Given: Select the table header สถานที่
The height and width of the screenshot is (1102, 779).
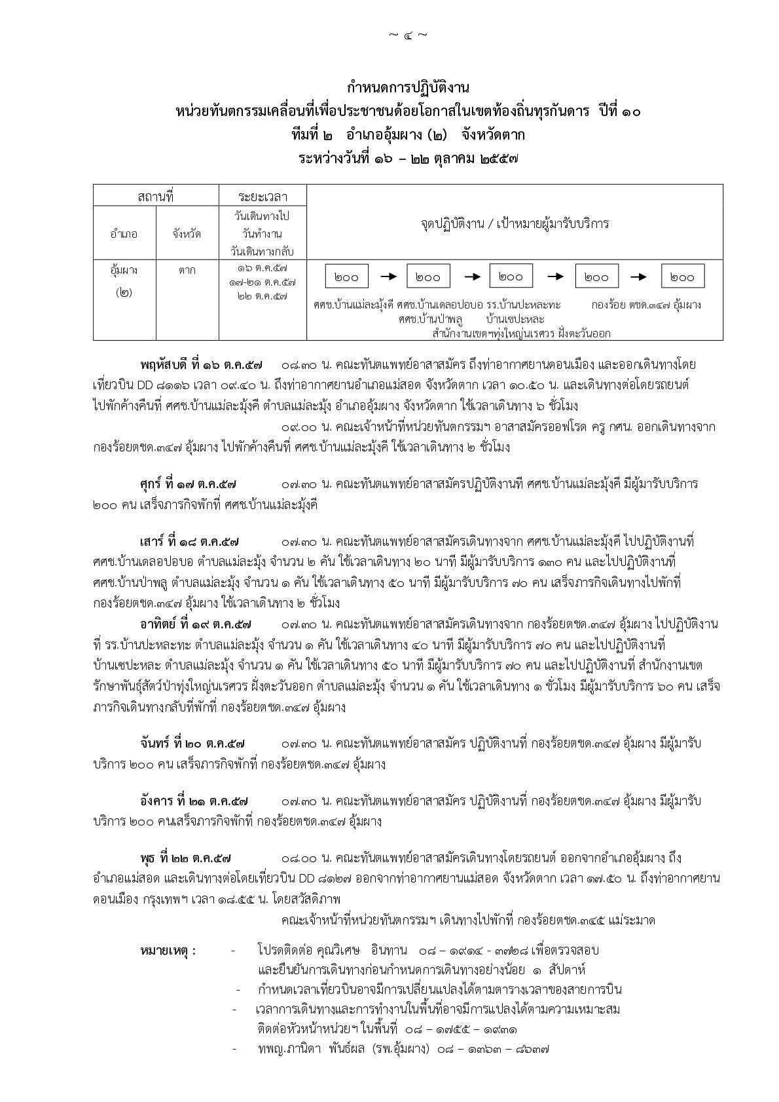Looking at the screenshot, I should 155,196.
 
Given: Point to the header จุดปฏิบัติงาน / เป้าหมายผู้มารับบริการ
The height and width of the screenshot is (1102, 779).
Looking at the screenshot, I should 514,223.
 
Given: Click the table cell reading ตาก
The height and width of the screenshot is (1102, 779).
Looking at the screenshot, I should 187,269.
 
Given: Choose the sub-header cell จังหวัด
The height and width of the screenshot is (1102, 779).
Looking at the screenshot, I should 187,234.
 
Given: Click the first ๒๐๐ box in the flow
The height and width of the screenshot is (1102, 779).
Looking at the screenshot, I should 346,277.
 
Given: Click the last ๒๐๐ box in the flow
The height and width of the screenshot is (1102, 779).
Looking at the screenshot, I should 682,277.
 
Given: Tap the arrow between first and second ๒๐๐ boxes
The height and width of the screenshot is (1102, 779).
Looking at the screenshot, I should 388,276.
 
